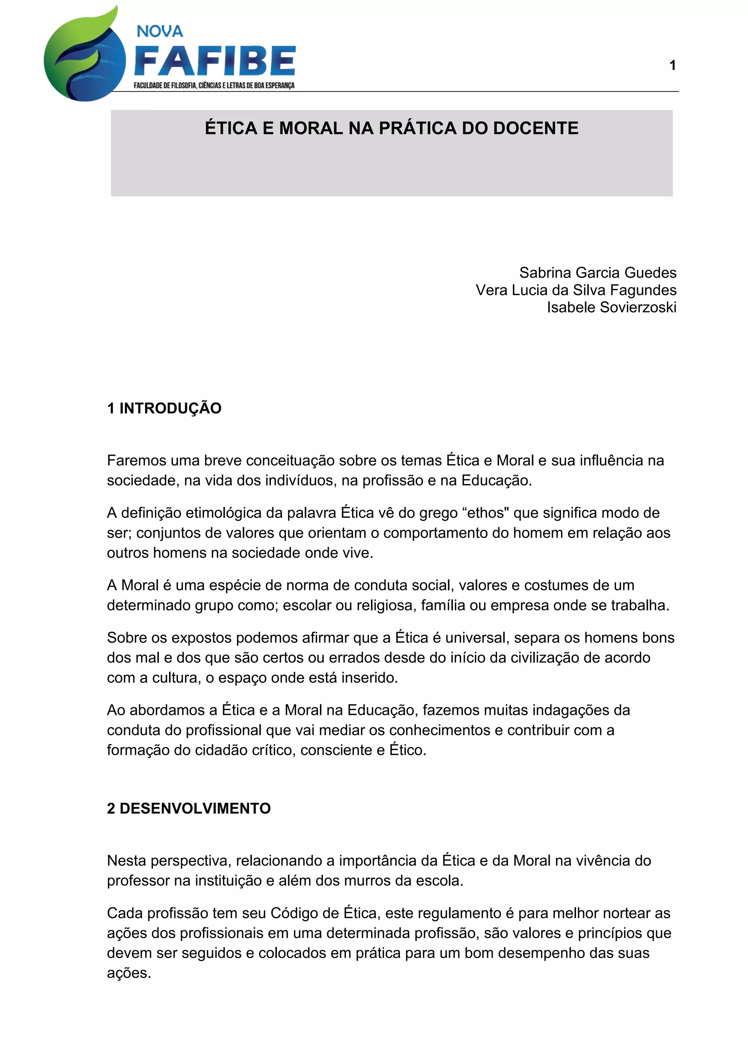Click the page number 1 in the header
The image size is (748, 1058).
(672, 65)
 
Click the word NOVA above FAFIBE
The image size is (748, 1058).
(160, 31)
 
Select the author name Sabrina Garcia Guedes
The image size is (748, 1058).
(598, 273)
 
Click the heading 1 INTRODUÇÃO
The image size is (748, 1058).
(164, 408)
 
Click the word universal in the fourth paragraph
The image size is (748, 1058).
(476, 638)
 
